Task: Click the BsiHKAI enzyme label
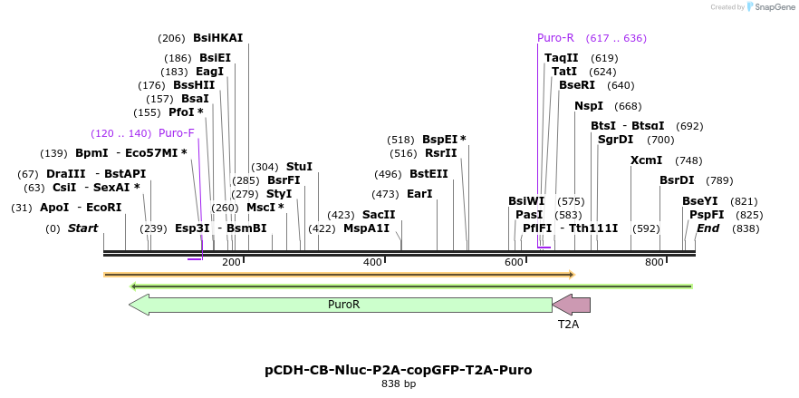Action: coord(217,38)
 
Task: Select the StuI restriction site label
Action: coord(299,167)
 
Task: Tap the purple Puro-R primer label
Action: coord(555,38)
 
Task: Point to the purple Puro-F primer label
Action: coord(177,133)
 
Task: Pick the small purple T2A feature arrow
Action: coord(572,305)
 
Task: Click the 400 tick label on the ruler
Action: coord(372,262)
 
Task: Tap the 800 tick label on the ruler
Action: coord(655,262)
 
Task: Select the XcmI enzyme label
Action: coord(646,160)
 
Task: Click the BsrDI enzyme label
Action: coord(677,180)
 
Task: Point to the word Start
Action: coord(82,228)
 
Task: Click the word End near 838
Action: coord(708,228)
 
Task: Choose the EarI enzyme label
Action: coord(419,194)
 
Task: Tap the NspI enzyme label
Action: coord(589,106)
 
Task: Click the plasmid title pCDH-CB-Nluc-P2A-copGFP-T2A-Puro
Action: coord(398,370)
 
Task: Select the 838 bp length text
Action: coord(398,384)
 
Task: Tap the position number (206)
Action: coord(171,38)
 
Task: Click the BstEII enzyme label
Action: coord(428,174)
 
